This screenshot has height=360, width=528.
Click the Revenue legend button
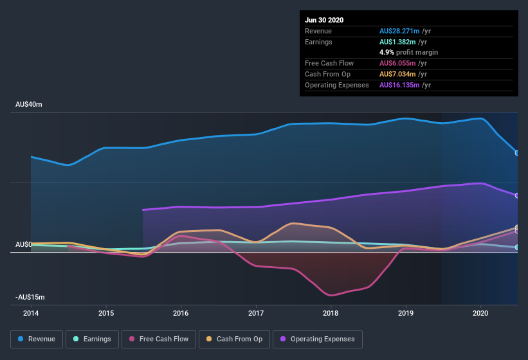[x=37, y=339]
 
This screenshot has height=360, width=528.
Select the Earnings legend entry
[x=92, y=339]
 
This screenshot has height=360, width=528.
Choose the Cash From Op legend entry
[x=234, y=339]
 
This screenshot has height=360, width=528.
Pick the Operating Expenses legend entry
[x=317, y=339]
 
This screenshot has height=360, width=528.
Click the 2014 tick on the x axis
[x=31, y=313]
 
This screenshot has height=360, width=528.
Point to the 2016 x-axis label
[x=181, y=313]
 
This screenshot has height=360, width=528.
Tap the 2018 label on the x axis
[x=331, y=313]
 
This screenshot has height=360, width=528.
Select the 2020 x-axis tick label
[x=480, y=313]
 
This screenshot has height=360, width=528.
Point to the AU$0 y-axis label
[x=24, y=244]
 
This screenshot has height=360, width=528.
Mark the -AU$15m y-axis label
[x=30, y=298]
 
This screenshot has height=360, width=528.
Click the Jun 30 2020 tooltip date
[x=324, y=20]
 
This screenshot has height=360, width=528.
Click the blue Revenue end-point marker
[x=517, y=153]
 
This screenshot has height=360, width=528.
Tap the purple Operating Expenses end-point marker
[x=517, y=195]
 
